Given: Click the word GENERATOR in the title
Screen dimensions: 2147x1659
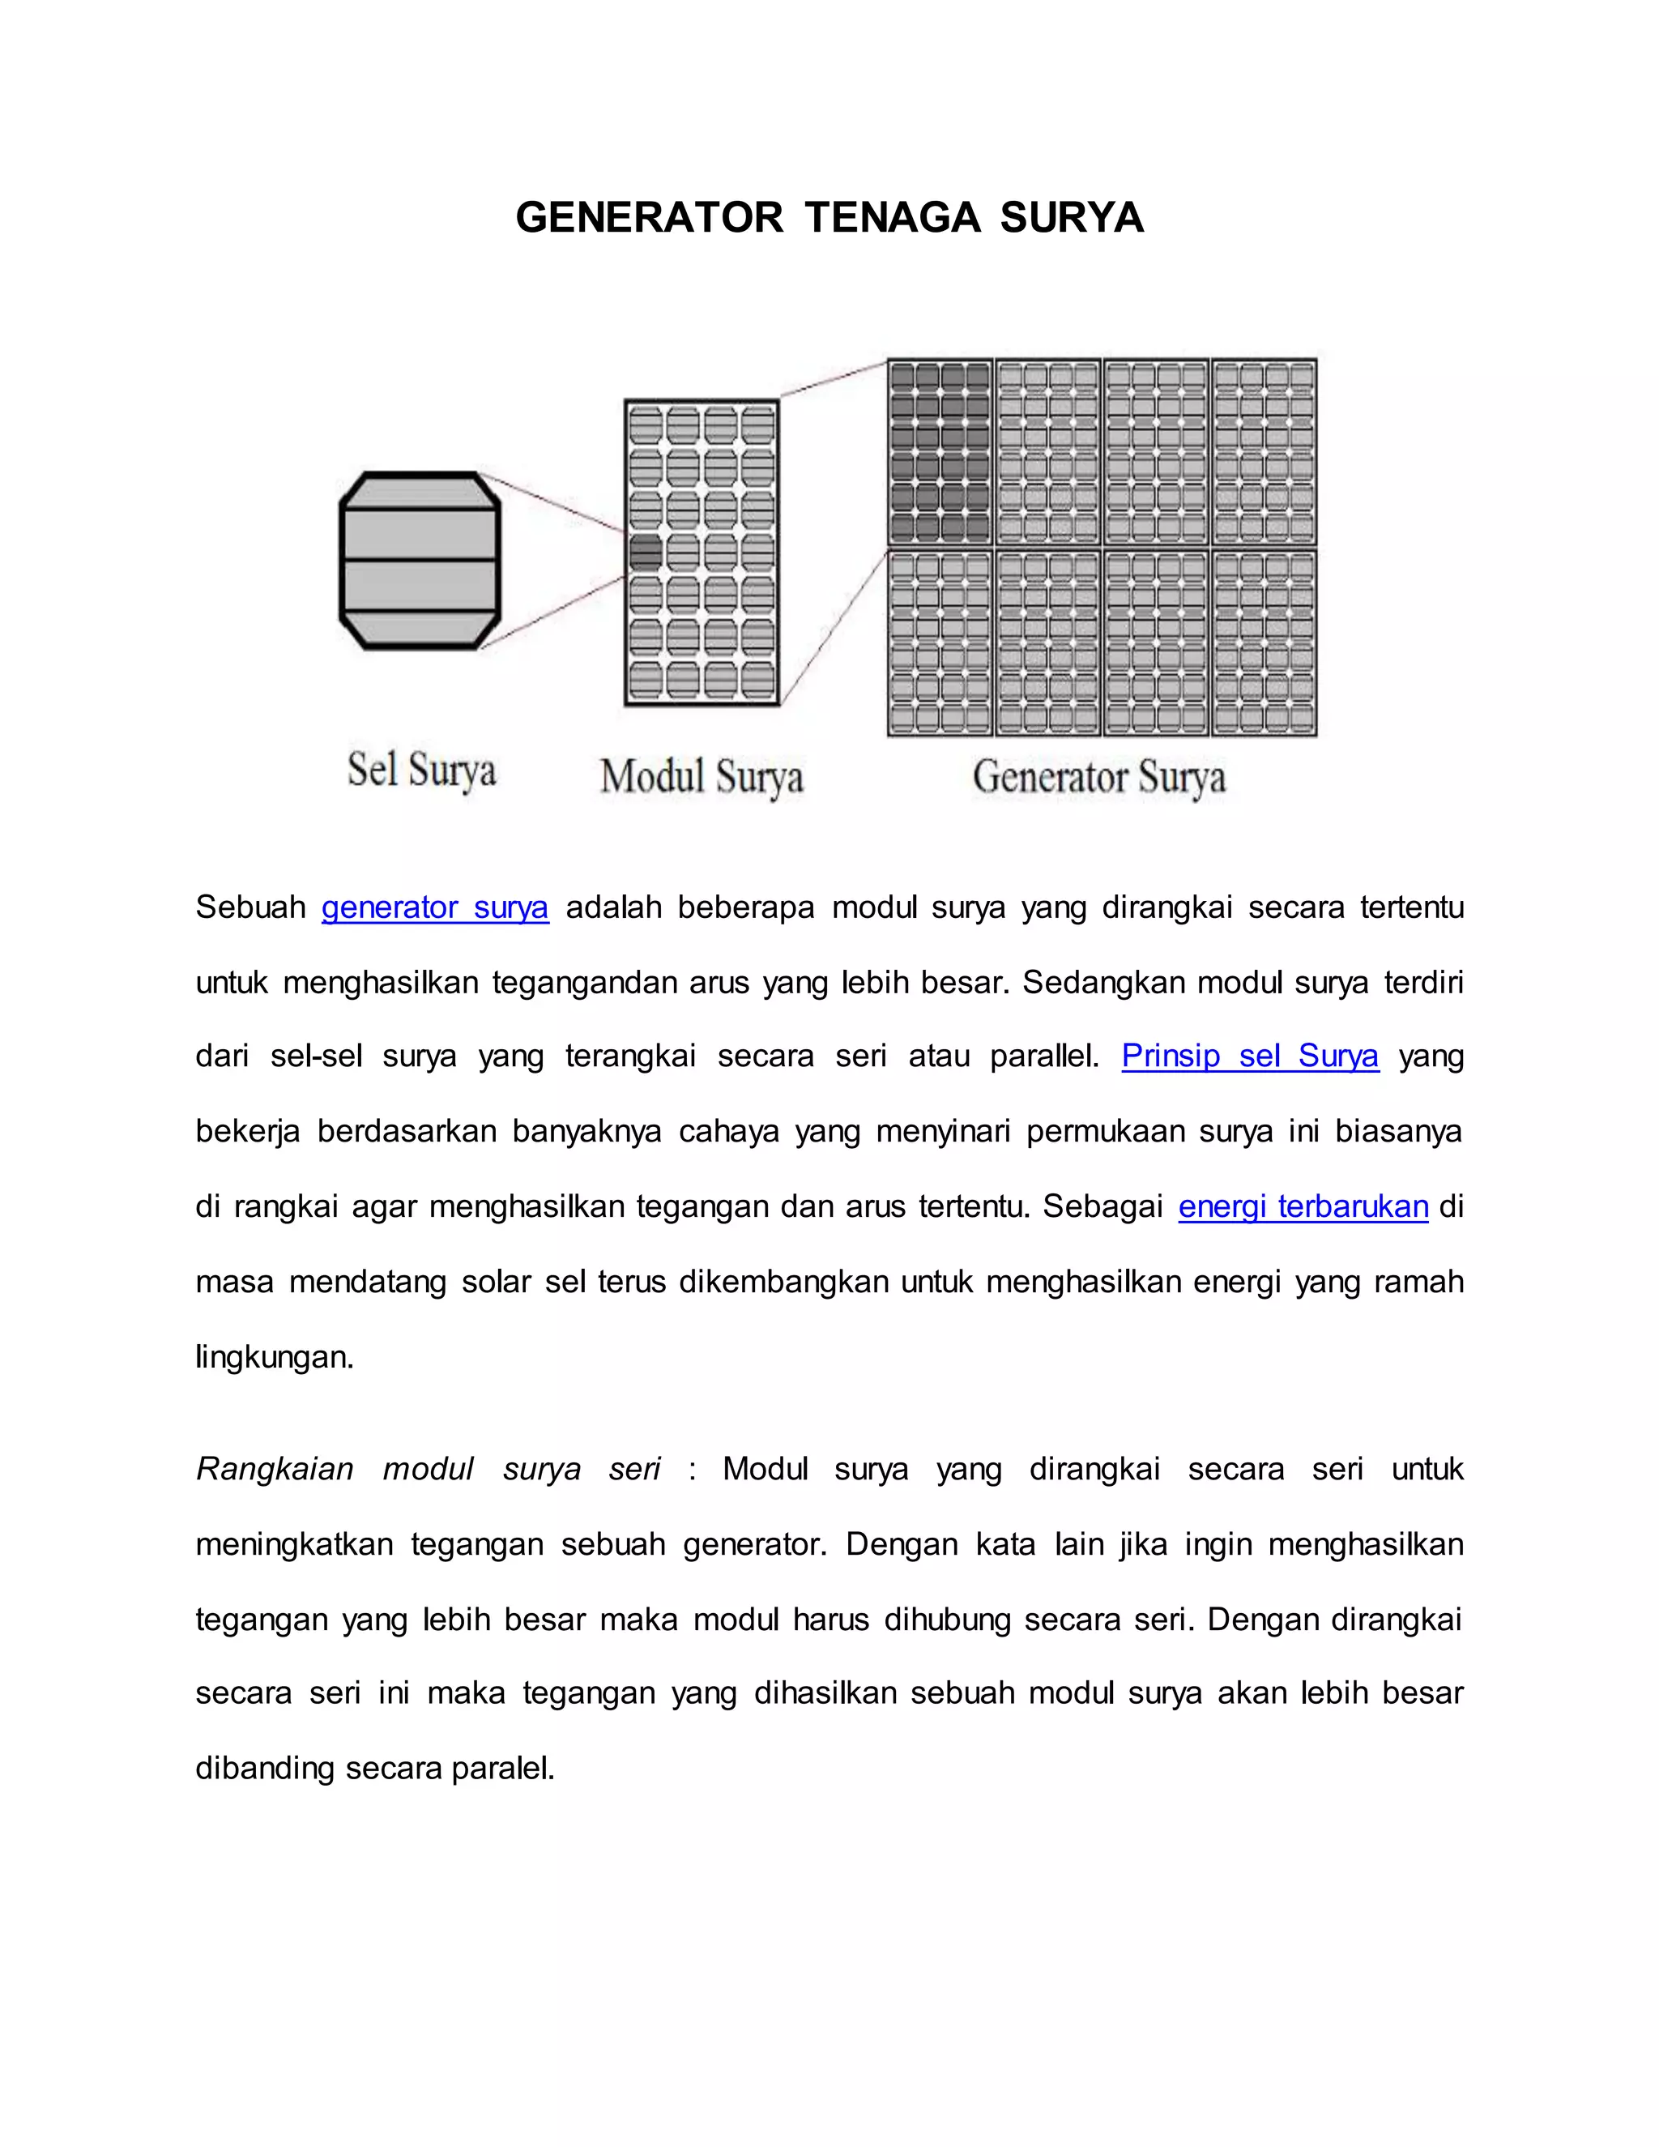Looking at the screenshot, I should point(649,217).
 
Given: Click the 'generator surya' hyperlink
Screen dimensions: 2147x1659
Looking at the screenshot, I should point(434,907).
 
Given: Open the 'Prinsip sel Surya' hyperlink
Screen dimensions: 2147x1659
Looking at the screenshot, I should point(1249,1056).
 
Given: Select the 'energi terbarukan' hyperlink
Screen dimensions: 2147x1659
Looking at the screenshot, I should point(1303,1206).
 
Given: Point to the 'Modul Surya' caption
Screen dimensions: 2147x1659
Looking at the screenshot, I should point(702,777).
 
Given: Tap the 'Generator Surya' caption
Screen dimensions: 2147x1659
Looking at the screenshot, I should point(1098,778).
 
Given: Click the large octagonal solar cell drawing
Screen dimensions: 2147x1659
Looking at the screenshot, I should point(420,561).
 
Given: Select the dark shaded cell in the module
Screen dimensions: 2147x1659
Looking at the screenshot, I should point(646,553).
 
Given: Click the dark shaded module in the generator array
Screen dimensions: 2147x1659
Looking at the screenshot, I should point(940,452).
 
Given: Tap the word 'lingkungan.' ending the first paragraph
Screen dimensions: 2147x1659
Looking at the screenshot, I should point(275,1358).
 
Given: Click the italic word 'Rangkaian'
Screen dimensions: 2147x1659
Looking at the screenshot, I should point(275,1469).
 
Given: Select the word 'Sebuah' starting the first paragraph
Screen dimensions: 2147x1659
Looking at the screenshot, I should point(250,907).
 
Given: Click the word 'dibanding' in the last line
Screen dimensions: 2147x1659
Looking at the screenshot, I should point(266,1769).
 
